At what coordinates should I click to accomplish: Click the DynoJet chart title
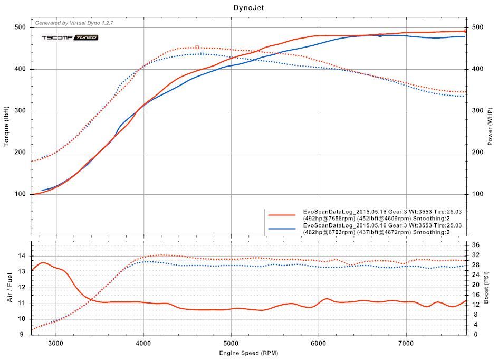click(x=249, y=8)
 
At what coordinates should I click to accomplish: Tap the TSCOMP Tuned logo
click(x=70, y=37)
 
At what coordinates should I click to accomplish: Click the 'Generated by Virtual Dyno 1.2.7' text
click(x=74, y=23)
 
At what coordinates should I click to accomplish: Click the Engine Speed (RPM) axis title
click(x=248, y=353)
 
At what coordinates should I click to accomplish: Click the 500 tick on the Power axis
click(x=477, y=27)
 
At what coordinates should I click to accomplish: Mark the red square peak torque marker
click(x=197, y=48)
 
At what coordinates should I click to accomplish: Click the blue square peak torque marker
click(x=202, y=53)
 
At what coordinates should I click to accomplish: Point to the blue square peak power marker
click(x=380, y=35)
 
